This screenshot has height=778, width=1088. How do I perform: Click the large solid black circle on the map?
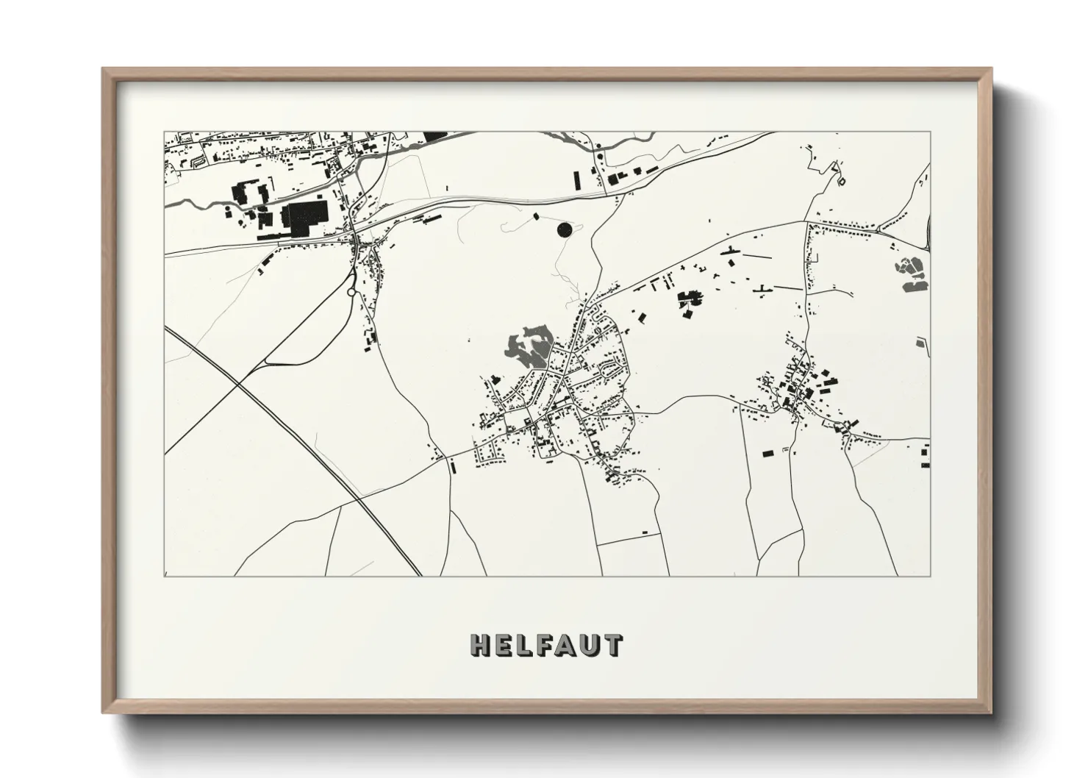565,230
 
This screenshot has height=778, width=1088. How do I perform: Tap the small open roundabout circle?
351,293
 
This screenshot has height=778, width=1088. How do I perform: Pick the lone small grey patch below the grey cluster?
920,341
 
